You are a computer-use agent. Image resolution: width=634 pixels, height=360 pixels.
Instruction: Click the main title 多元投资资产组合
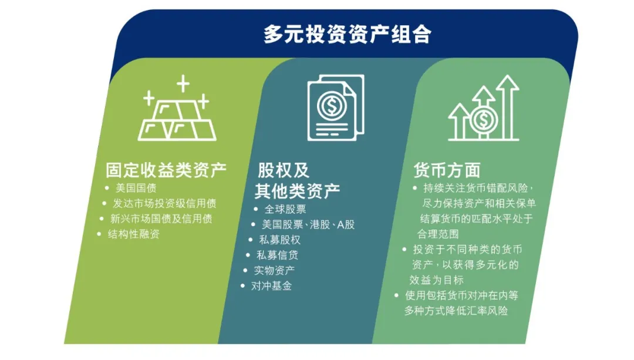(347, 34)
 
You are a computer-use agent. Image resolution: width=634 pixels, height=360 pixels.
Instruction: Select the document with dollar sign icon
(336, 107)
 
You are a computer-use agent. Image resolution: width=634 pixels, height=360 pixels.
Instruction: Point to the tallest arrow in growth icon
(507, 107)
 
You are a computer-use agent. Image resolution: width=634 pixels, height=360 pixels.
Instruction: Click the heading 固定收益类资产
(166, 170)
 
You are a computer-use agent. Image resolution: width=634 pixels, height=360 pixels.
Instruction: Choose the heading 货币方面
(447, 170)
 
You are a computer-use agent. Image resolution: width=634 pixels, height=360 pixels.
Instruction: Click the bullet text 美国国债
(136, 188)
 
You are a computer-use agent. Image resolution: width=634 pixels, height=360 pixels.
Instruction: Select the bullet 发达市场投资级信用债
(164, 203)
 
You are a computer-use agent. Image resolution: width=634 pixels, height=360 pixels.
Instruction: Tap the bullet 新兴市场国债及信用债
(161, 219)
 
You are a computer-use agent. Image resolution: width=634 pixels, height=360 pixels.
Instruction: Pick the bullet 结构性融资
(133, 234)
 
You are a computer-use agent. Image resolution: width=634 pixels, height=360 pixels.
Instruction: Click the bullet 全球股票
(285, 209)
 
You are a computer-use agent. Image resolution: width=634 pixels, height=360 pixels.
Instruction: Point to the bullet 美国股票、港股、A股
(308, 224)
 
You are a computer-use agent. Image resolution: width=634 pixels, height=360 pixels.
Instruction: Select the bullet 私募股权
(280, 240)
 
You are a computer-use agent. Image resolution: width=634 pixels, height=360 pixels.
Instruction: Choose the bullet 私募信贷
(277, 255)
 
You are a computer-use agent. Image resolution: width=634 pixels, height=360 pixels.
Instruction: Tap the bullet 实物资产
(274, 270)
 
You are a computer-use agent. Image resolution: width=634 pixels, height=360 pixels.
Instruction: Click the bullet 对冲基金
(271, 286)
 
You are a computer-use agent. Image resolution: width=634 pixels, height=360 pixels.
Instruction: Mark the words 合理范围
(438, 234)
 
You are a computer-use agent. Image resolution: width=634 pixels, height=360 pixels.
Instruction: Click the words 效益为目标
(436, 280)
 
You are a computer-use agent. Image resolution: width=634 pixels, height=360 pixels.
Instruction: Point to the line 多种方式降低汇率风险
(456, 311)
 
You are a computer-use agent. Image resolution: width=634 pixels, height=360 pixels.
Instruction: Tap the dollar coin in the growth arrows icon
(483, 119)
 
